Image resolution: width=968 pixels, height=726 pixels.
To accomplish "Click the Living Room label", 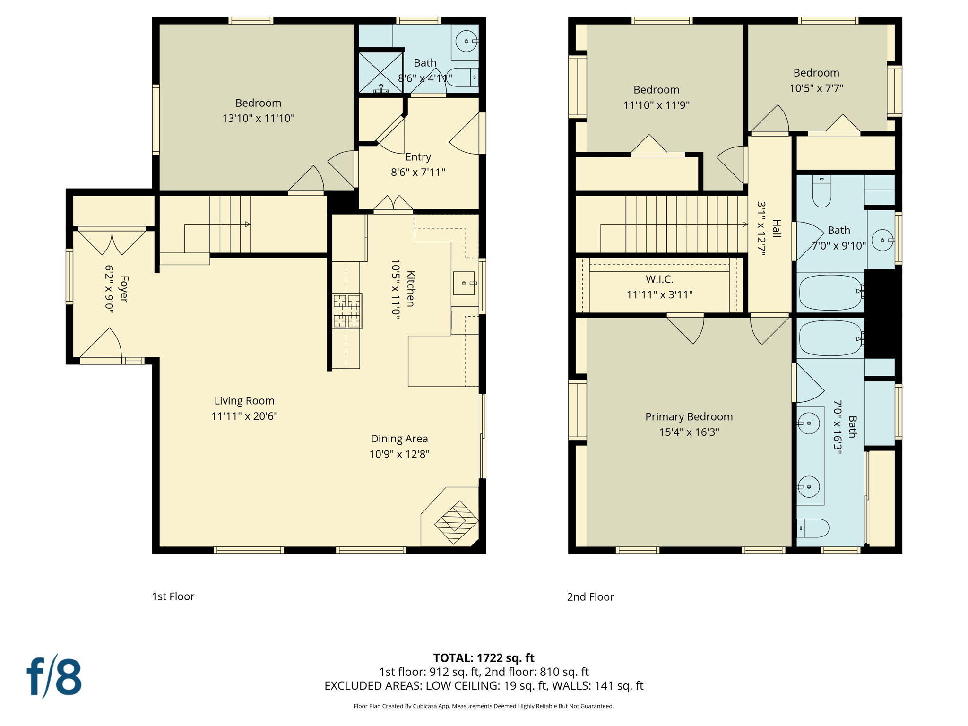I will pos(244,401).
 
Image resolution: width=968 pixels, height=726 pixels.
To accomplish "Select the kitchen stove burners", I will pos(347,311).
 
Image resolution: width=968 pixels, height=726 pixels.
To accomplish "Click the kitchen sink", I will pos(464,283).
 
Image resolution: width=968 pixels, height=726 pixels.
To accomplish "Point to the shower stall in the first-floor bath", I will pos(380,72).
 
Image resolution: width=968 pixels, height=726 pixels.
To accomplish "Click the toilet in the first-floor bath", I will pos(462,78).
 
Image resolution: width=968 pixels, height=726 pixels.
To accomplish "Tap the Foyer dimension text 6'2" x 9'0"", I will pos(109,288).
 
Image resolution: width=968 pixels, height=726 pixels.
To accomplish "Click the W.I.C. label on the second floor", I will pos(659,279).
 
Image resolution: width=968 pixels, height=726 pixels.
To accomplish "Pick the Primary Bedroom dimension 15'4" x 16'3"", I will pos(689,432).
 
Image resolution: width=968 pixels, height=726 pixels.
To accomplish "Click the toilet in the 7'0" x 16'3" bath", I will pos(814,528).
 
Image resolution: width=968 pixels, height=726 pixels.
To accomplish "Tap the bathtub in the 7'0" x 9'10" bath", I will pos(830,292).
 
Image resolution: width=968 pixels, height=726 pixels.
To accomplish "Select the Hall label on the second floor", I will pos(777,228).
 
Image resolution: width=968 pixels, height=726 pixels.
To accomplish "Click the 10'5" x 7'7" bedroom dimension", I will pos(816,88).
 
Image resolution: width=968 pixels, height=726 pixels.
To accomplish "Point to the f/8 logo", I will pos(54,676).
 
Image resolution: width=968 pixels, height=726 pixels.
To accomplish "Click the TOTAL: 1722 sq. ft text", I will pos(484,658).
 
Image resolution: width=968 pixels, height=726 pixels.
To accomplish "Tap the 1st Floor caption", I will pos(173,596).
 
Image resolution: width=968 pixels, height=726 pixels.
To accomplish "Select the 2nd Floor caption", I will pos(590,597).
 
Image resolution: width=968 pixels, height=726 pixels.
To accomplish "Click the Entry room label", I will pos(418,157).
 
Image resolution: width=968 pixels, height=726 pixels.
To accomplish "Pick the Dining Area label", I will pos(399,439).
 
